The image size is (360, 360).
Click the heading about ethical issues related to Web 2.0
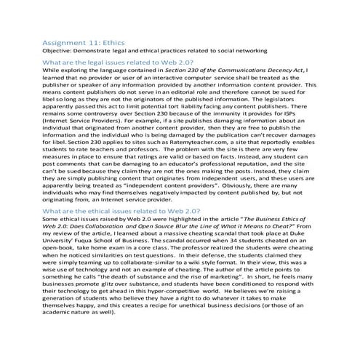click(122, 209)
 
